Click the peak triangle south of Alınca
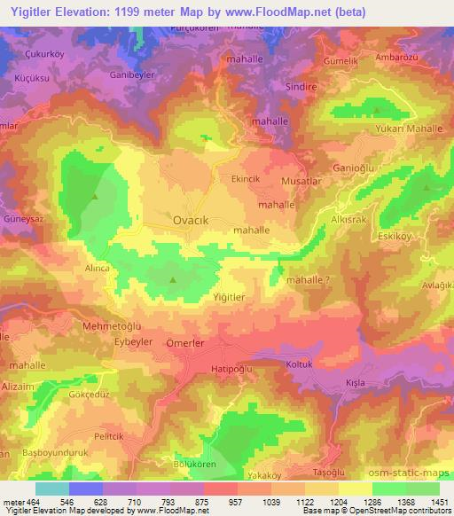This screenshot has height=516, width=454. point(173,282)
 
